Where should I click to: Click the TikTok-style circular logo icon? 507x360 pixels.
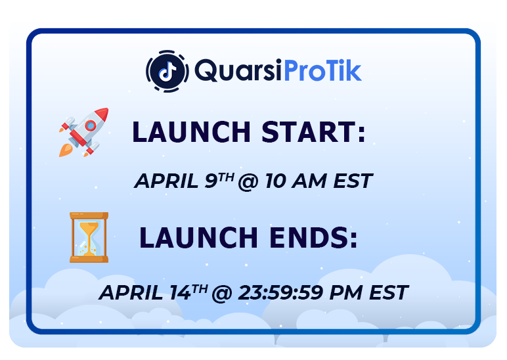(167, 71)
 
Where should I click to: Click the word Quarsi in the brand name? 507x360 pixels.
(238, 70)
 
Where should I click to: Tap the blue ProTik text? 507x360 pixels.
(322, 70)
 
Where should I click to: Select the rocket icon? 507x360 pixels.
(84, 132)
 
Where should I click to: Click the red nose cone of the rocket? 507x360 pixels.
(102, 114)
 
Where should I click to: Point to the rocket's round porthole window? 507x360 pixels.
(90, 125)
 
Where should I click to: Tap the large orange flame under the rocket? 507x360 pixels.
(65, 150)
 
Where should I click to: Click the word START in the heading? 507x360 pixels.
(313, 132)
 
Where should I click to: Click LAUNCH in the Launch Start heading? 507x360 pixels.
(191, 132)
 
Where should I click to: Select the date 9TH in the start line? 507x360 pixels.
(219, 180)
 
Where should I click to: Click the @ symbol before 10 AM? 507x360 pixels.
(248, 181)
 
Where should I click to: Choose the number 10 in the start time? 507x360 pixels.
(275, 181)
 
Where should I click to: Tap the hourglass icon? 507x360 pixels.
(89, 237)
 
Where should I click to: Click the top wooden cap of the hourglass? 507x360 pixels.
(89, 215)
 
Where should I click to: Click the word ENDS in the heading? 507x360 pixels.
(313, 238)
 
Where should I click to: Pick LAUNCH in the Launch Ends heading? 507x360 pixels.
(198, 238)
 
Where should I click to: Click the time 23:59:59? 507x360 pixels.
(280, 292)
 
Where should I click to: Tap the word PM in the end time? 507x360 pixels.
(345, 292)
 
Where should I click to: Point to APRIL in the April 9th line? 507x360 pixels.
(166, 181)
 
